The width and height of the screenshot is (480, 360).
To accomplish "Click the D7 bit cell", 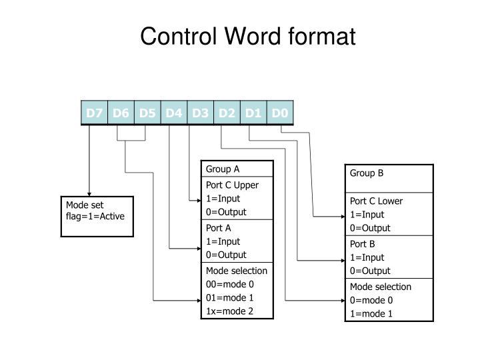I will pos(94,113).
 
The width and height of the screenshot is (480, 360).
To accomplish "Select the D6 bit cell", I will pos(121,113).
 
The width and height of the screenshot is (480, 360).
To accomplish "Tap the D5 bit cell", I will pos(147,113).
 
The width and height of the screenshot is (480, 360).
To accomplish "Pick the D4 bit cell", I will pos(174,113).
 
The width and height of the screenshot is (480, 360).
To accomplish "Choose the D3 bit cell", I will pos(201,113).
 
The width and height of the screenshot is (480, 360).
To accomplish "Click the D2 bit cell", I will pos(227,113).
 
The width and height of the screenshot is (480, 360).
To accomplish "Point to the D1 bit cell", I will pos(253,113).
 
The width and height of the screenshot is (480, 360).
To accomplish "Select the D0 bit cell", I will pos(280,113).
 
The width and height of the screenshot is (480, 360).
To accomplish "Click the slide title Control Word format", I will pos(247,37).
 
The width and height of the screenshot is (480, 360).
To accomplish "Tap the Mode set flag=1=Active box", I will pos(97,216).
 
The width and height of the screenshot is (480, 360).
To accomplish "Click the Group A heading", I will pos(222,169).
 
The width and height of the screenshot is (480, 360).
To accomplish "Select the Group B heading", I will pos(367,173).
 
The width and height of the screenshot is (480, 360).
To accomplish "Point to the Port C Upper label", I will pos(232,185).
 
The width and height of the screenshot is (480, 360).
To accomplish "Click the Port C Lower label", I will pos(377,201).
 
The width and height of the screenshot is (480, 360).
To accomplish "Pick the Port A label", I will pos(218,228).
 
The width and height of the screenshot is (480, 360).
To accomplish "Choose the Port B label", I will pos(363,244).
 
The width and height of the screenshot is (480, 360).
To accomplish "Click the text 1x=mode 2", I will pos(229,311).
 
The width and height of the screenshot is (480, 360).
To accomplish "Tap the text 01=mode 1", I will pos(230,297).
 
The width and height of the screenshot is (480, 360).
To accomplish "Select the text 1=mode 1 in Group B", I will pos(371,314).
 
